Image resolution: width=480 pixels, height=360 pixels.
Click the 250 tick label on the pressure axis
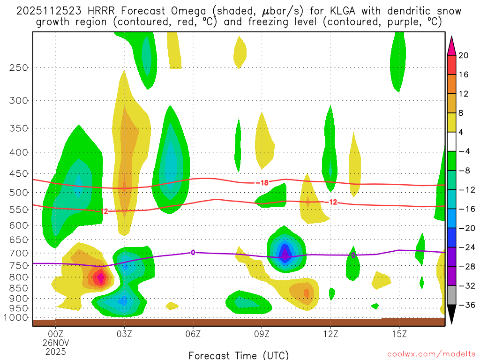[x=18, y=67]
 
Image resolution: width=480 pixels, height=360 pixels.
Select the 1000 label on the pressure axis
[x=16, y=317]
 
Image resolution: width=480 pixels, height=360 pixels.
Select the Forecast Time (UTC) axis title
[x=239, y=355]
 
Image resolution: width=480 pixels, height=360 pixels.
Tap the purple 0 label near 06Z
[x=193, y=253]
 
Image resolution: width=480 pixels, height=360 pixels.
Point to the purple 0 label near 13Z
[x=353, y=255]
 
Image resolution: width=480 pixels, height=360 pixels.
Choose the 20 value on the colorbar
[x=464, y=55]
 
